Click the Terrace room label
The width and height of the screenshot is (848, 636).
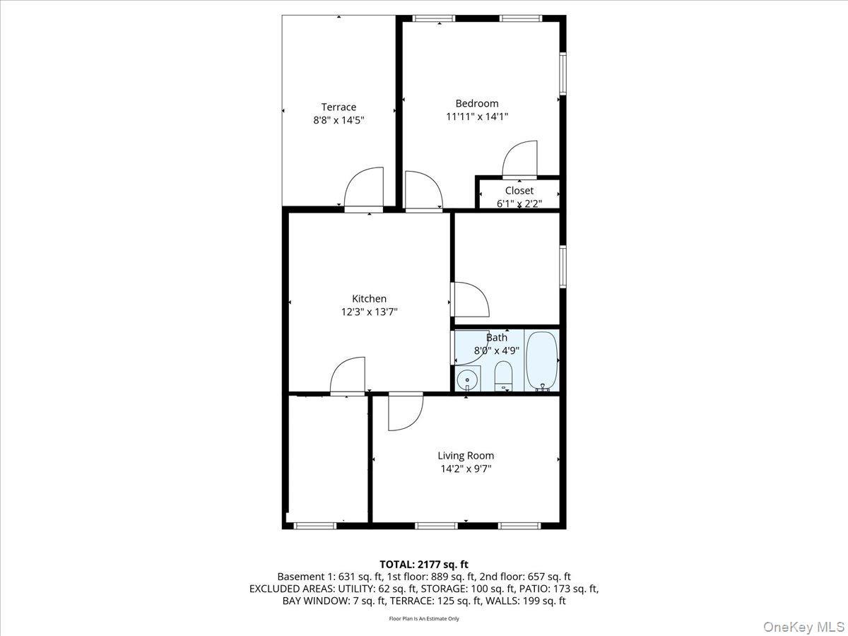[x=339, y=107]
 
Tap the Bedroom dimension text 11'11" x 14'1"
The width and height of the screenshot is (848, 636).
[x=477, y=117]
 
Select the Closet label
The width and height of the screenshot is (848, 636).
[x=519, y=191]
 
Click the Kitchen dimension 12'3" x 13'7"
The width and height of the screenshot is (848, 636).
[x=369, y=312]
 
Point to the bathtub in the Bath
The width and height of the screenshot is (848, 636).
[x=543, y=360]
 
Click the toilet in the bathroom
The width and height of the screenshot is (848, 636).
[x=503, y=375]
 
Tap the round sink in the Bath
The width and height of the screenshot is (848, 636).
[x=467, y=379]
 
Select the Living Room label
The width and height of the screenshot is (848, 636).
[x=466, y=456]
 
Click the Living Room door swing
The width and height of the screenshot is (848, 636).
[x=404, y=411]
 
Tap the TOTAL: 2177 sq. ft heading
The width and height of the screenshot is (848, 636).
[x=424, y=564]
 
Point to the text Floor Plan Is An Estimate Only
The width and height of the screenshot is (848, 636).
[x=424, y=618]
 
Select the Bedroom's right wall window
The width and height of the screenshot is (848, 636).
[x=563, y=73]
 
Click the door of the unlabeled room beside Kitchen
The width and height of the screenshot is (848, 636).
[x=469, y=300]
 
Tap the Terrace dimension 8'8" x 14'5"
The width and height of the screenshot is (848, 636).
[x=339, y=120]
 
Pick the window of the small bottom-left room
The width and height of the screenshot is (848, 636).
[x=314, y=525]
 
